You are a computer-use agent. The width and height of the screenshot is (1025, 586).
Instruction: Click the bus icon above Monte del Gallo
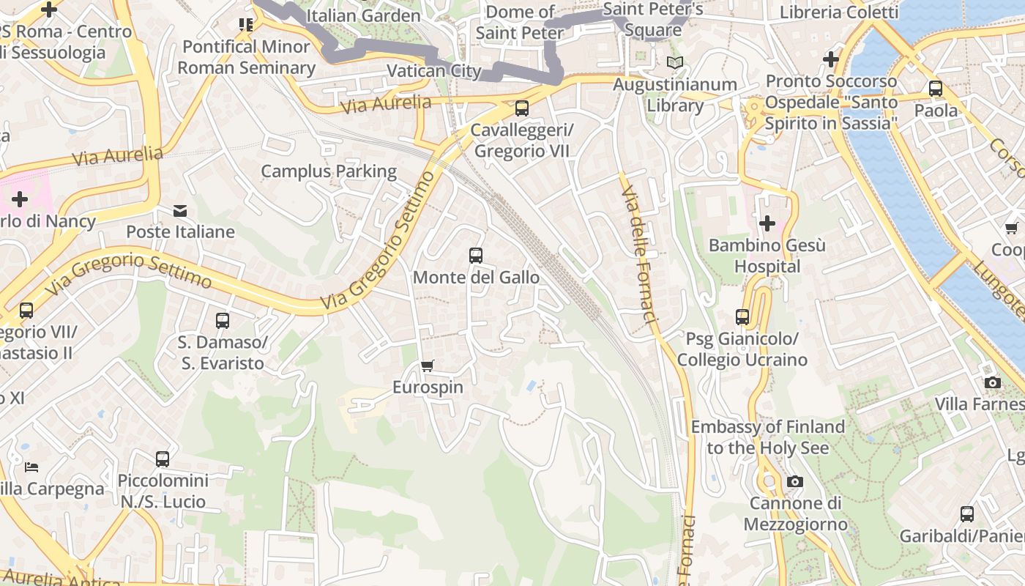click(476, 256)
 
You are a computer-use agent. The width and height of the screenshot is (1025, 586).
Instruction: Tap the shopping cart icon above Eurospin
click(428, 366)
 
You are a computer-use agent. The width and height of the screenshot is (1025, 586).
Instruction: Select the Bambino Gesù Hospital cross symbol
click(767, 223)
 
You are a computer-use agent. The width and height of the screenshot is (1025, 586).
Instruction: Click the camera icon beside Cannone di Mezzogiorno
click(794, 481)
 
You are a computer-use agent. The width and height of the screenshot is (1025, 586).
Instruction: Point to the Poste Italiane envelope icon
click(180, 211)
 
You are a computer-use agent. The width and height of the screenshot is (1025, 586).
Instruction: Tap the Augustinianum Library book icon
click(674, 63)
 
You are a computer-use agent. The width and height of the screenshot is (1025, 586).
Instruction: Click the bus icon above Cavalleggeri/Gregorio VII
click(522, 108)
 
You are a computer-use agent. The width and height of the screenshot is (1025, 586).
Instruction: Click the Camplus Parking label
click(329, 171)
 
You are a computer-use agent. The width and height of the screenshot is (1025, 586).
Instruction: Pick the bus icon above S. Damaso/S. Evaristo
click(223, 320)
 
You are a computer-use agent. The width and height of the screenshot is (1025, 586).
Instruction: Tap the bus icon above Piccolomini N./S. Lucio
click(163, 459)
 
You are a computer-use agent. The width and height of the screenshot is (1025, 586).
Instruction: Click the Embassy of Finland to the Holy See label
click(767, 437)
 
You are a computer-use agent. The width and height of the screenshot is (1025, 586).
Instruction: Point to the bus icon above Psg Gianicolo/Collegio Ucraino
click(742, 317)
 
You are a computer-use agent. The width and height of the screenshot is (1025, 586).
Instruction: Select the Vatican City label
click(433, 71)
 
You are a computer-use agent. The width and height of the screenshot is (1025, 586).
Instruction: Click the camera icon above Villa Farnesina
click(993, 382)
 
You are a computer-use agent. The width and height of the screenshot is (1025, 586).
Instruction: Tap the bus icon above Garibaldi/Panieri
click(967, 513)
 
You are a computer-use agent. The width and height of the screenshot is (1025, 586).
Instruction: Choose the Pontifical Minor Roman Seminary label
click(246, 57)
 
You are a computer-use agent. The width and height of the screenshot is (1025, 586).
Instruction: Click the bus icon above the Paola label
click(936, 89)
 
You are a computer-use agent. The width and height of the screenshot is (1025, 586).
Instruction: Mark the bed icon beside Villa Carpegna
click(31, 467)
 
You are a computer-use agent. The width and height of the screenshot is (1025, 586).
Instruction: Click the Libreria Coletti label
click(838, 12)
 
